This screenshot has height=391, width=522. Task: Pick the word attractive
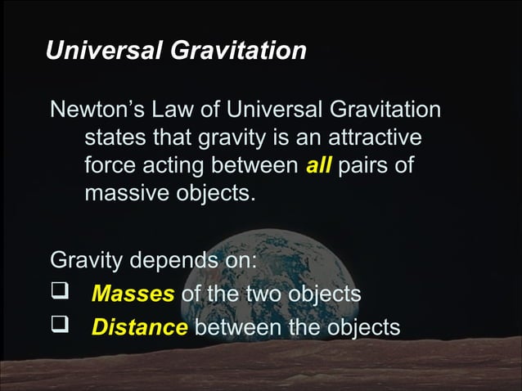(x=368, y=137)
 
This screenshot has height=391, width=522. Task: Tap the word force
(x=111, y=166)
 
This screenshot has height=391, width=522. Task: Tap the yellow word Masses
(x=133, y=293)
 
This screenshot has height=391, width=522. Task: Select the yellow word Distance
(x=140, y=327)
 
